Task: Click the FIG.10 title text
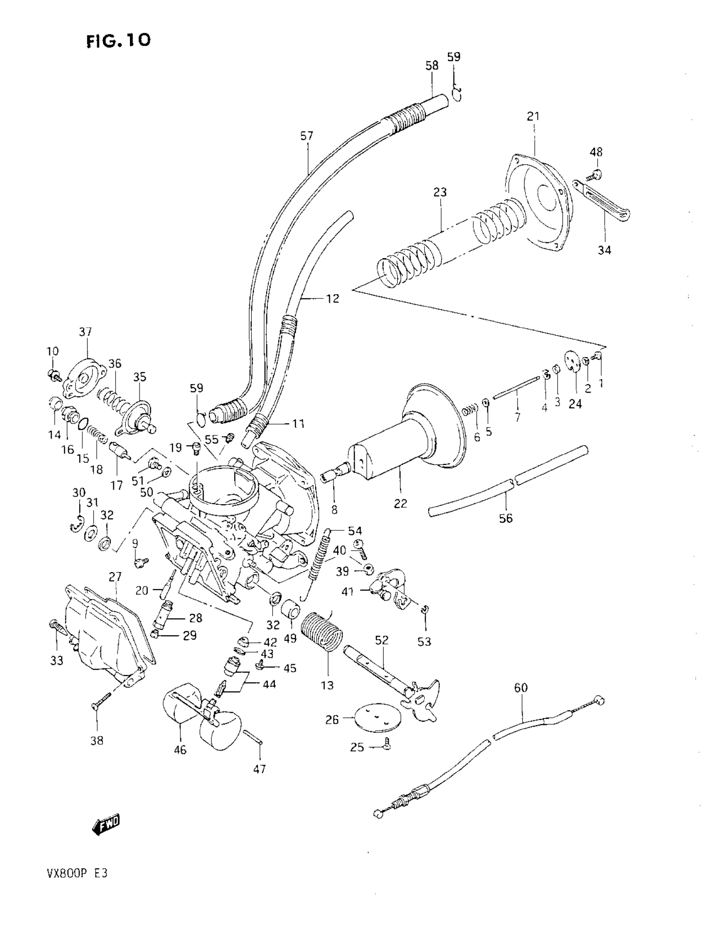(x=119, y=41)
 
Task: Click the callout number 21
(x=533, y=116)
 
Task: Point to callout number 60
(x=520, y=688)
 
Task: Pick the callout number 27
(x=115, y=577)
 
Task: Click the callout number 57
(x=306, y=136)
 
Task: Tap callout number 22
(x=400, y=503)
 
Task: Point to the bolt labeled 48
(x=596, y=174)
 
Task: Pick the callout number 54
(x=355, y=531)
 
